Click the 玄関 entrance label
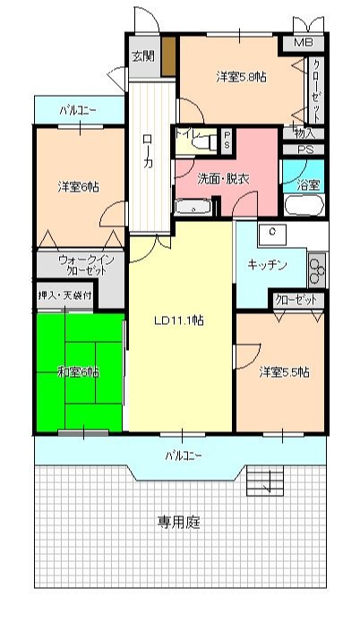click(143, 55)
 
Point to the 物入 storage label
click(304, 133)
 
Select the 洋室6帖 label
click(79, 186)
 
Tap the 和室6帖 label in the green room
click(79, 371)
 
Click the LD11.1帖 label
click(178, 320)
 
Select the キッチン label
click(267, 265)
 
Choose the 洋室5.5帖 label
click(285, 371)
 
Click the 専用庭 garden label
click(179, 521)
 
